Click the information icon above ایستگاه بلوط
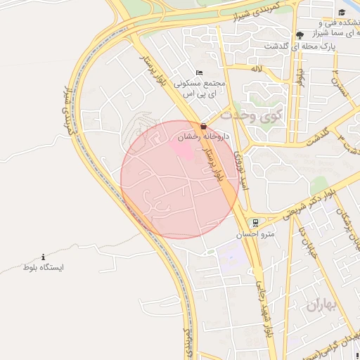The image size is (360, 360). (44, 257)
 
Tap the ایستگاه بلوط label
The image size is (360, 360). (44, 269)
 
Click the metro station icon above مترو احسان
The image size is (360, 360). (256, 221)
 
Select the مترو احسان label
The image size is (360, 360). (257, 233)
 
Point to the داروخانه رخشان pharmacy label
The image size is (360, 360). (205, 136)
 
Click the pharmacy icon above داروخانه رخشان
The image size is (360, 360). (204, 126)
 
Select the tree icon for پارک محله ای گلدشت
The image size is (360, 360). (300, 34)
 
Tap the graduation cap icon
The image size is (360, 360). (342, 12)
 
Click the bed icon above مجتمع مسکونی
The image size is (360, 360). (200, 72)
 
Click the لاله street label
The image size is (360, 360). (255, 68)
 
